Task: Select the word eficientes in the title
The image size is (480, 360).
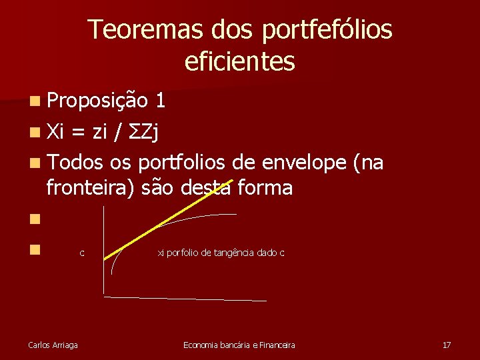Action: (239, 62)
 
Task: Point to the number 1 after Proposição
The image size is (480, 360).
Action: (160, 100)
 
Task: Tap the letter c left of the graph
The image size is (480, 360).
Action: (81, 253)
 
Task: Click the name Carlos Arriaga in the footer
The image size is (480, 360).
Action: (53, 345)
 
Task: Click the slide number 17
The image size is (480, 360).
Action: (447, 345)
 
